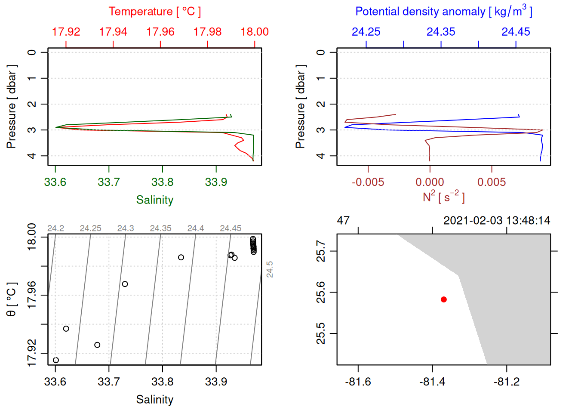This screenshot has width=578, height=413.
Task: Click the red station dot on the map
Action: (443, 299)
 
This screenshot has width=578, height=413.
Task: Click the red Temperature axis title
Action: (154, 12)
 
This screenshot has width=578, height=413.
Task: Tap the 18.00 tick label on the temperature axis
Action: (255, 32)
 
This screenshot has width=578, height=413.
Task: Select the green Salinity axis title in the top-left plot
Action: (154, 200)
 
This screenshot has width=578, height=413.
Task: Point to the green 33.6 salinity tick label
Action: (55, 182)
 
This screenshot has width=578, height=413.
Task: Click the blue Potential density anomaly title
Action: (443, 12)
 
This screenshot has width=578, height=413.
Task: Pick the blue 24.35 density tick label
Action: (441, 32)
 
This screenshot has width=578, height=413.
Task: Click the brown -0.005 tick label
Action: (368, 182)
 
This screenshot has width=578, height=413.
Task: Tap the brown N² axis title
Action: (443, 197)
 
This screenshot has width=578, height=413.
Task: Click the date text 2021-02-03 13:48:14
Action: (497, 221)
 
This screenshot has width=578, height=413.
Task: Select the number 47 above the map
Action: (343, 221)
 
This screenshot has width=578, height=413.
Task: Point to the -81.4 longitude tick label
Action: (432, 382)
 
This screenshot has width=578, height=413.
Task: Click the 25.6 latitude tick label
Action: (321, 293)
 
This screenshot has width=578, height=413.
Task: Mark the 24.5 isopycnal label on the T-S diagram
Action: (270, 269)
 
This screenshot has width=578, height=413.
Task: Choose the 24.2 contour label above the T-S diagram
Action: (55, 228)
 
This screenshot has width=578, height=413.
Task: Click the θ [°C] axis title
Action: (11, 299)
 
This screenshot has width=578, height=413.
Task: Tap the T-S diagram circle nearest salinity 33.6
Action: (56, 360)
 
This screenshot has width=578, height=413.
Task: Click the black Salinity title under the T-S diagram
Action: (154, 400)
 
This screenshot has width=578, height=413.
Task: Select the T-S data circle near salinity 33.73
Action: (125, 284)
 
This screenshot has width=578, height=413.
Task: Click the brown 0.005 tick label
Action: (492, 182)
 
